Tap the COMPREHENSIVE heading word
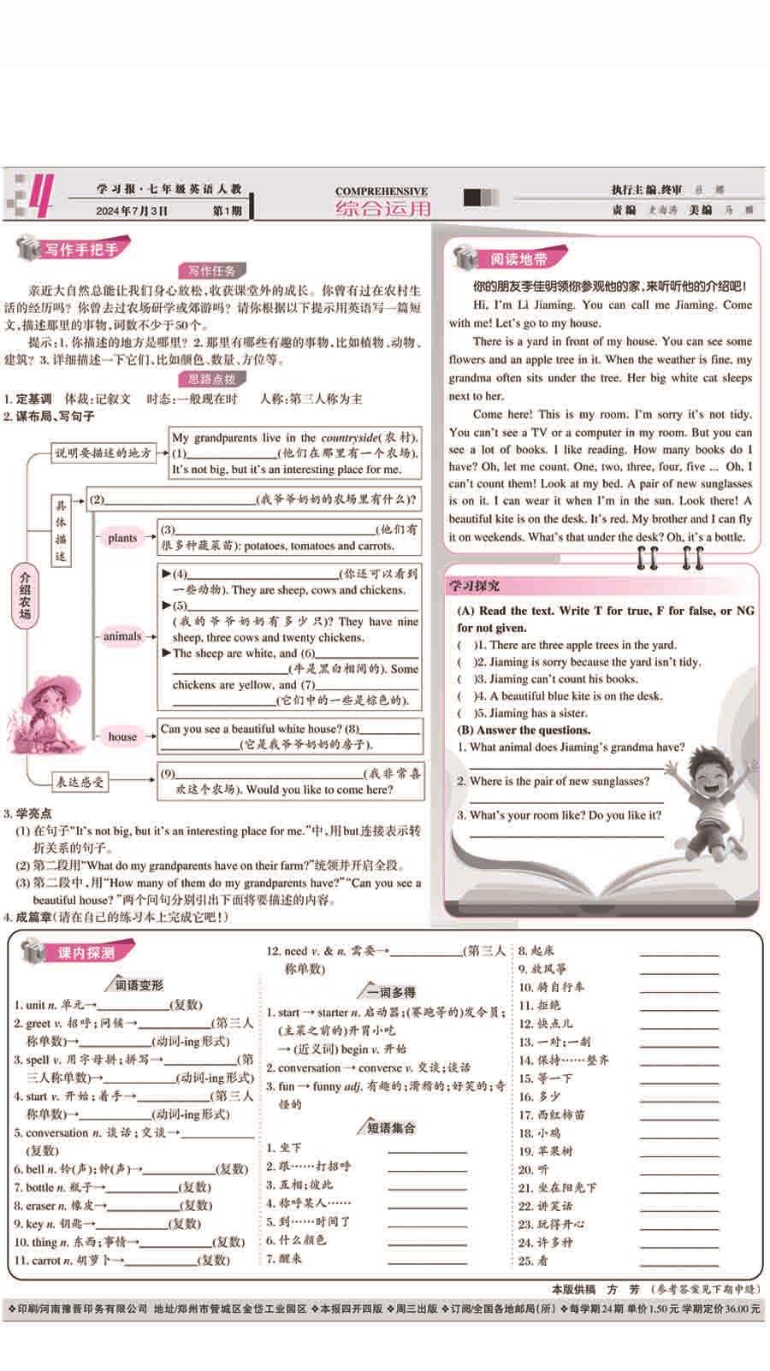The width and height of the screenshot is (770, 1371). click(382, 192)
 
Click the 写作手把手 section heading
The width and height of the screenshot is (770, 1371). click(81, 250)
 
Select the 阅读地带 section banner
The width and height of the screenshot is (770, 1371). click(518, 259)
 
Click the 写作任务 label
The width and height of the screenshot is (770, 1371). click(212, 271)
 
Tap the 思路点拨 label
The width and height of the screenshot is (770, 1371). click(212, 379)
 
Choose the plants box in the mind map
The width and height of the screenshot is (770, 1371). click(122, 538)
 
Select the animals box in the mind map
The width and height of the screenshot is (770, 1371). click(122, 636)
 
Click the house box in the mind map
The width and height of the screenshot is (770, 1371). click(122, 736)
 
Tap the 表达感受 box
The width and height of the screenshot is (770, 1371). click(80, 781)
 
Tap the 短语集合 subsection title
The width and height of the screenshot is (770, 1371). click(391, 1128)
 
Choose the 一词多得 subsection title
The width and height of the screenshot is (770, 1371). click(391, 992)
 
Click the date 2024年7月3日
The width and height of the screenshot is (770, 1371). click(132, 210)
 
